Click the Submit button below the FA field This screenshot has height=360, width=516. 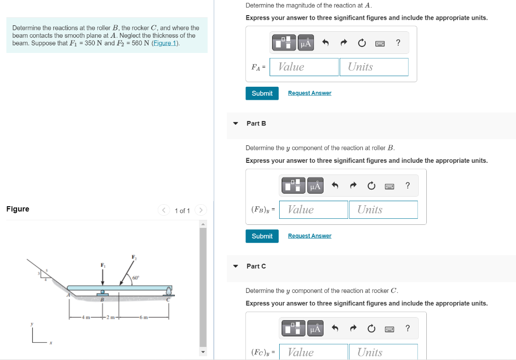point(262,93)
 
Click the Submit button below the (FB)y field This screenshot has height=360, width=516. point(262,236)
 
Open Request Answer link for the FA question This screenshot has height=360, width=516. point(309,93)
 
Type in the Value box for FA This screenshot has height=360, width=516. point(304,67)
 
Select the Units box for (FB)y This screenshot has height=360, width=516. point(383,210)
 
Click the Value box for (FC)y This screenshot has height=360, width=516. point(313,352)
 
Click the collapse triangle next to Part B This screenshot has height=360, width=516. point(235,124)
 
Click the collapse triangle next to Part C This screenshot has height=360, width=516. point(235,266)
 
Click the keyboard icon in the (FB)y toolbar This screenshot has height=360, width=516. point(390,186)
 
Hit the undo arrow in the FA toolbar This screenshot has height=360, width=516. point(326,43)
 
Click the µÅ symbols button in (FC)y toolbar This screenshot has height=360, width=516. point(315,329)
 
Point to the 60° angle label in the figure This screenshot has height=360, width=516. point(136,278)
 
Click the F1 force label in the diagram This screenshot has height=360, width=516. point(103,265)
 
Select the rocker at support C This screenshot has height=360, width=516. point(169,291)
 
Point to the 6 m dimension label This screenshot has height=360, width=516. point(144,317)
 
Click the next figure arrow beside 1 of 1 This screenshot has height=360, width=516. point(201,210)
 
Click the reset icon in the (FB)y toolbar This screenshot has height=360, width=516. point(371,186)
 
